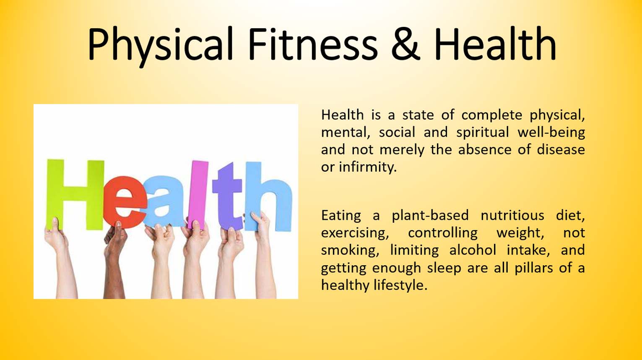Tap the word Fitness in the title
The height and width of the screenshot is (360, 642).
tap(313, 43)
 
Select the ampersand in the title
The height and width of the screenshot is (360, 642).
tap(405, 44)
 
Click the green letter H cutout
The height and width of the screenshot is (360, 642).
tap(75, 195)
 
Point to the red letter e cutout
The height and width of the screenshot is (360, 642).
tap(125, 202)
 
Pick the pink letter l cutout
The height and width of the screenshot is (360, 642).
tap(198, 195)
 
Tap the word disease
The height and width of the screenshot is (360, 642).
tap(561, 149)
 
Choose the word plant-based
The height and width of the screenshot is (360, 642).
tap(430, 216)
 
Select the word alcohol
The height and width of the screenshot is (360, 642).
tap(473, 250)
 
